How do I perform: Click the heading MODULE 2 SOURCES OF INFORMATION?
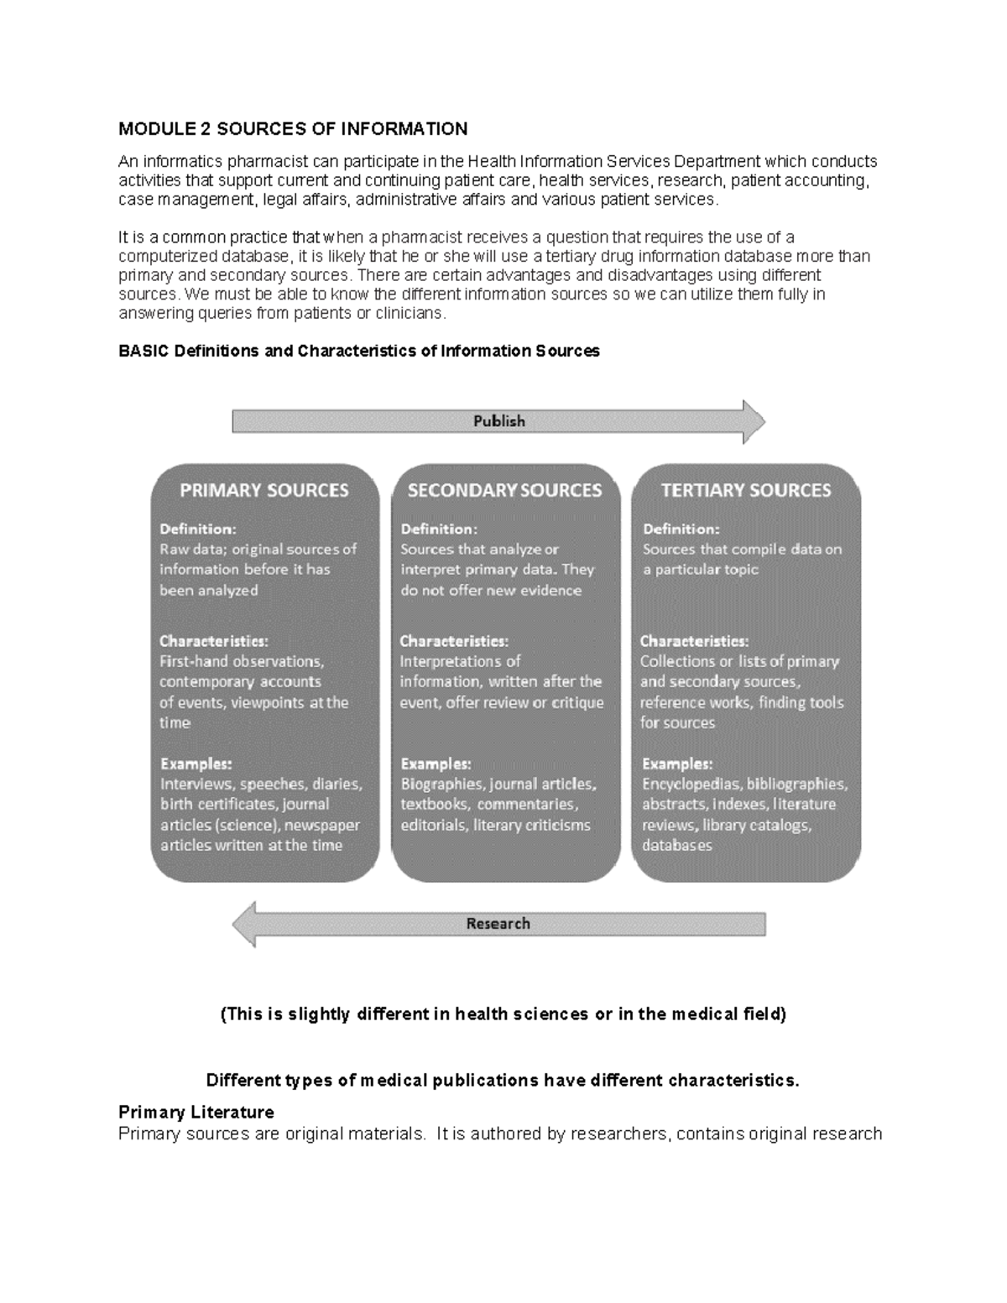click(x=293, y=129)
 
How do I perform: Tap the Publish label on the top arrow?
click(x=498, y=421)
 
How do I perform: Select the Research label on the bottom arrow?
click(x=498, y=924)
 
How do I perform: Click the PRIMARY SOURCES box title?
click(x=264, y=490)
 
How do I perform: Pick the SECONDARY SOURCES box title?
click(x=504, y=490)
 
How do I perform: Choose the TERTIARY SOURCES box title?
click(x=746, y=490)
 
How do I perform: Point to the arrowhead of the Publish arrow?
click(x=753, y=421)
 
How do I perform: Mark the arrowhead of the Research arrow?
click(x=244, y=924)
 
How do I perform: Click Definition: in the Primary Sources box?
click(x=198, y=529)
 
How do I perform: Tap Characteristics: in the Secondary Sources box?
click(x=454, y=641)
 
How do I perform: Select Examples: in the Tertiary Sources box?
click(x=677, y=764)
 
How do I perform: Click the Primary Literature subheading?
click(x=196, y=1113)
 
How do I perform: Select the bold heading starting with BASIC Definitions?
click(x=359, y=352)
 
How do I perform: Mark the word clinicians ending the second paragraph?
click(x=410, y=314)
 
